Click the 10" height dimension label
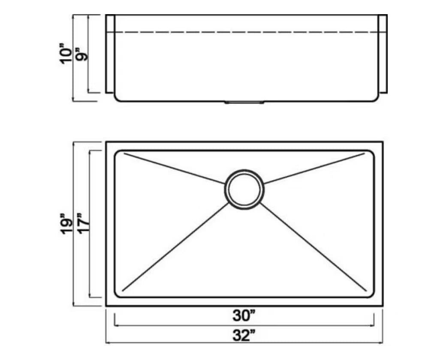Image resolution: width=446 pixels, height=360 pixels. [x=66, y=54]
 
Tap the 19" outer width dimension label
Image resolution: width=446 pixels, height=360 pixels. [x=66, y=224]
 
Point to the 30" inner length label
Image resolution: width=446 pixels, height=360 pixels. [x=244, y=315]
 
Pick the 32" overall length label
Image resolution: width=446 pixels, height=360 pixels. [x=244, y=335]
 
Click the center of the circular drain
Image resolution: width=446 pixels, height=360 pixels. [x=244, y=189]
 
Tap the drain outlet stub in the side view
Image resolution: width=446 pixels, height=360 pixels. [x=244, y=102]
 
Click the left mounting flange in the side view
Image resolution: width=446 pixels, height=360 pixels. [x=110, y=54]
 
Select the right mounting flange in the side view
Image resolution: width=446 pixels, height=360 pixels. [x=383, y=54]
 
